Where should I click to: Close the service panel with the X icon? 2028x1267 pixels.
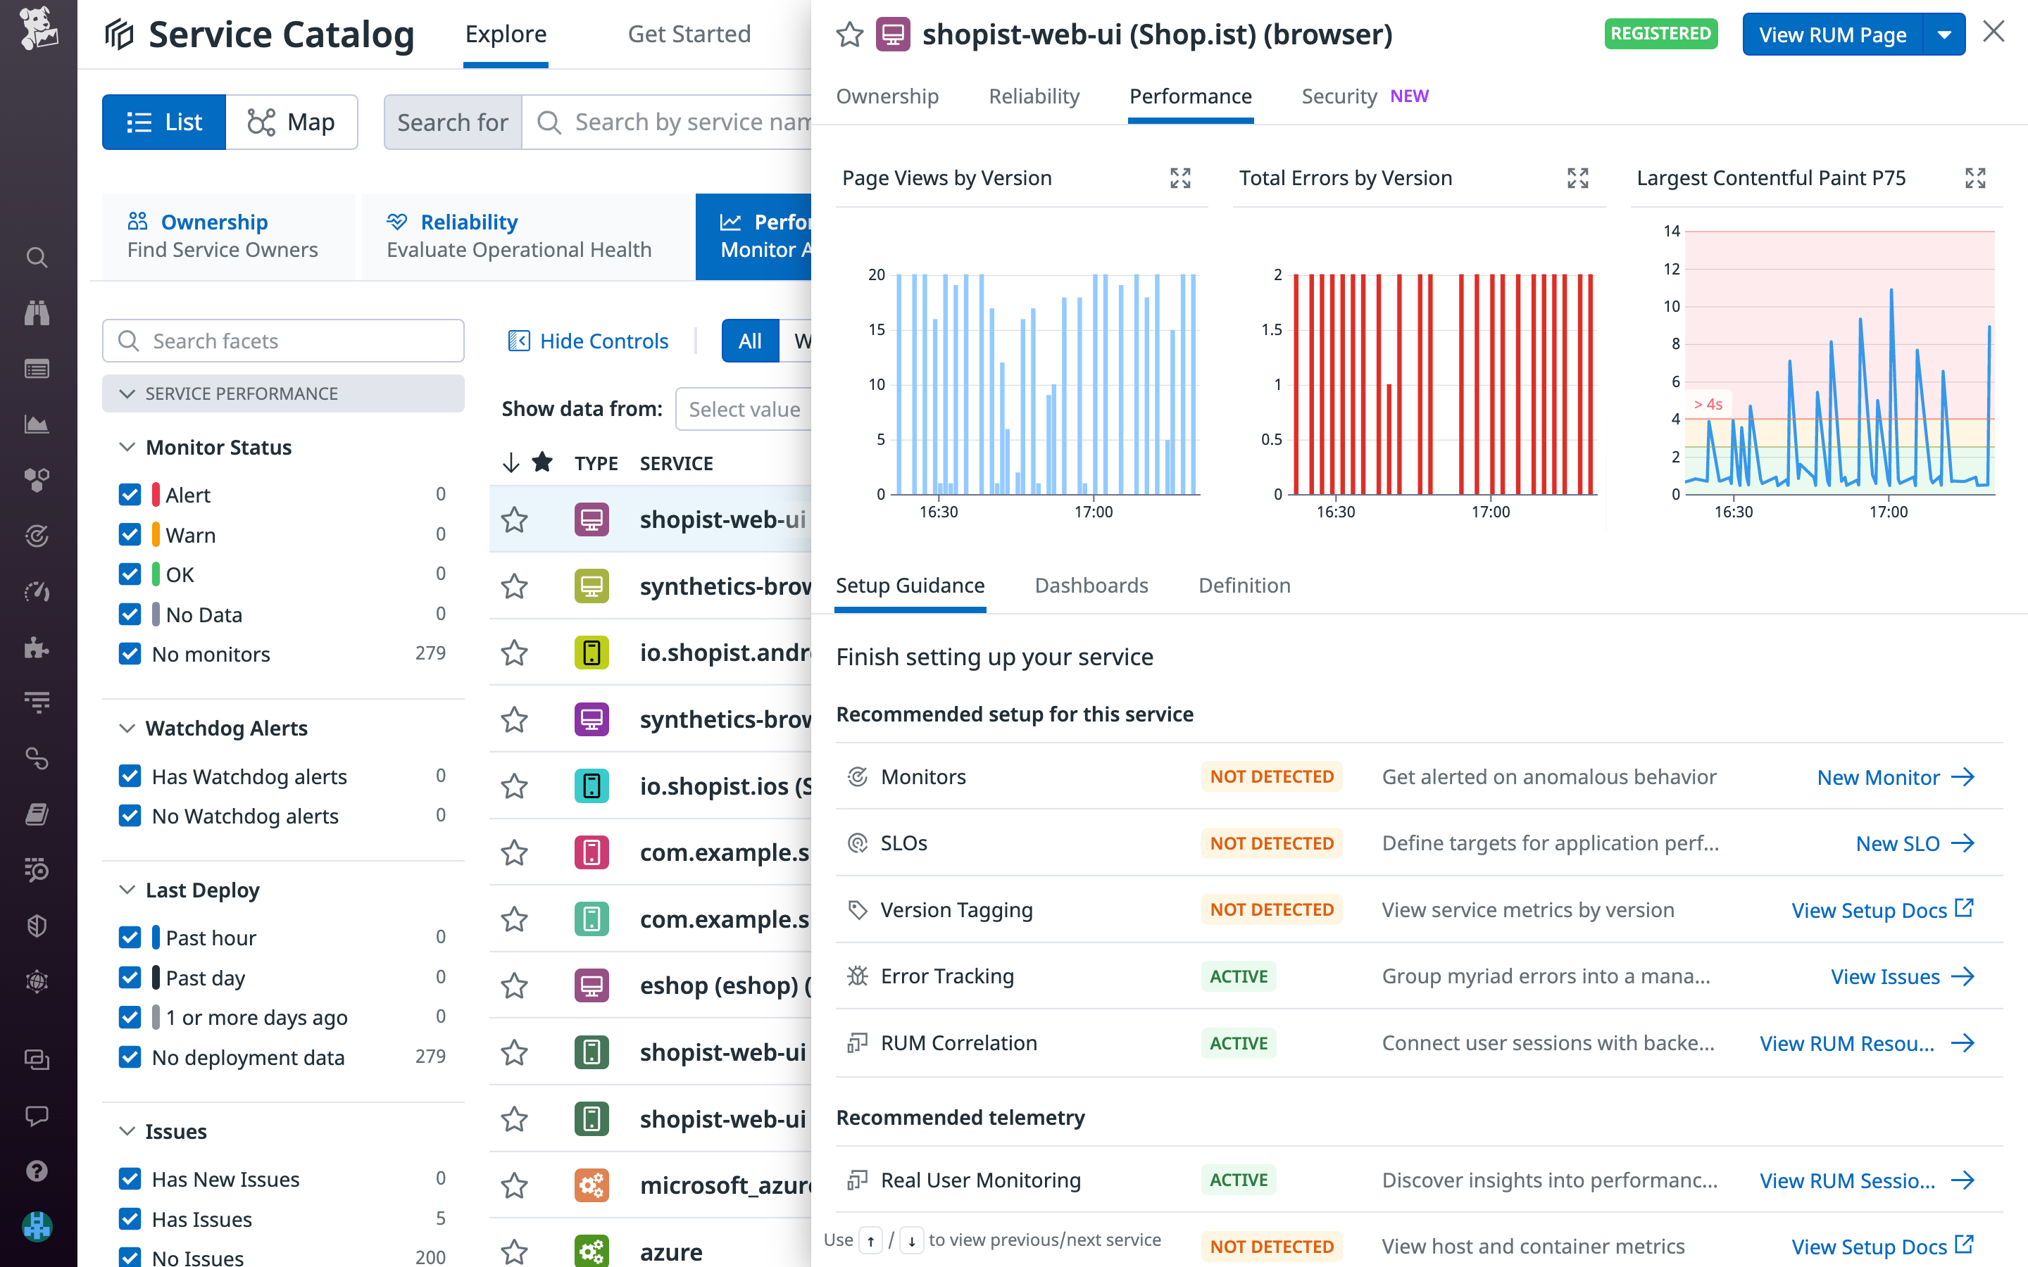pyautogui.click(x=1993, y=32)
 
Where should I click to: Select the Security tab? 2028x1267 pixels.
pyautogui.click(x=1339, y=96)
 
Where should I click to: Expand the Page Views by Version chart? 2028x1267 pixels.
pyautogui.click(x=1180, y=177)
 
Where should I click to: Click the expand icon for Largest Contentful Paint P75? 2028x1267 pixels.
pyautogui.click(x=1974, y=177)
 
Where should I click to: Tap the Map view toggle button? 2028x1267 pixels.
pyautogui.click(x=292, y=122)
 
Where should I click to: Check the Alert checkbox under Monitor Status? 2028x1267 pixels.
pyautogui.click(x=130, y=494)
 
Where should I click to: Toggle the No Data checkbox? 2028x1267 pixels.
pyautogui.click(x=130, y=614)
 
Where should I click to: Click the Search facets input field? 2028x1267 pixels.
pyautogui.click(x=283, y=341)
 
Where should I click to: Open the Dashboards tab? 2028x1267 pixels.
pyautogui.click(x=1091, y=585)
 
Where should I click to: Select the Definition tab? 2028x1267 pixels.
pyautogui.click(x=1244, y=585)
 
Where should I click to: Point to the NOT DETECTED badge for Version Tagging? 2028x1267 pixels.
pyautogui.click(x=1270, y=909)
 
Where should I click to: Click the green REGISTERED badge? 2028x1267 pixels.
pyautogui.click(x=1660, y=34)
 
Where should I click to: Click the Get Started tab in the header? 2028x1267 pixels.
pyautogui.click(x=689, y=34)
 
